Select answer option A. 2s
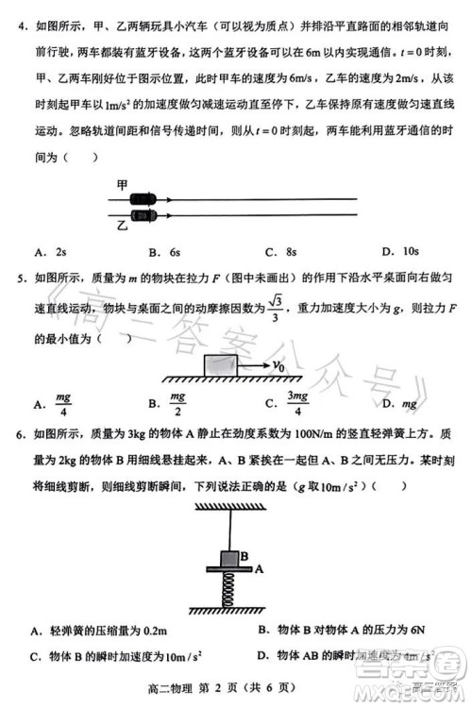tap(50, 252)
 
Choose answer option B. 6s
tap(162, 252)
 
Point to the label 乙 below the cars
tap(121, 227)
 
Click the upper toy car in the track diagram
tap(143, 198)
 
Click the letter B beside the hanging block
tap(244, 557)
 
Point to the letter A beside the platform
tap(257, 569)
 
